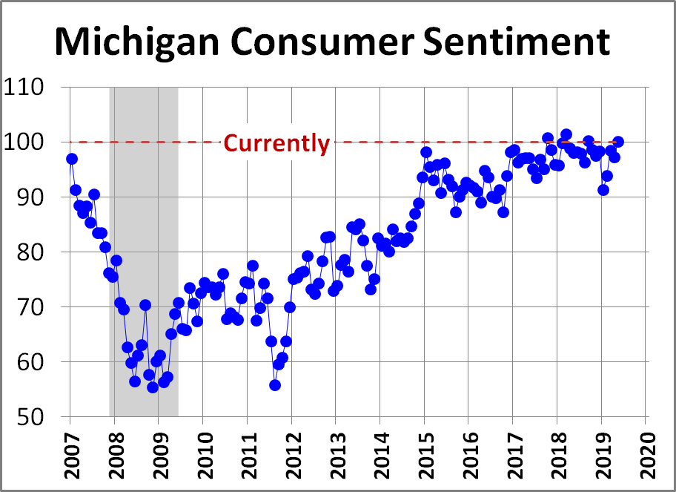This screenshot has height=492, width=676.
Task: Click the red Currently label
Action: coord(276,142)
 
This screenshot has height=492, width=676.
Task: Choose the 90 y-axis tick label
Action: coord(40,197)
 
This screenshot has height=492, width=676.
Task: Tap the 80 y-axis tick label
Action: coord(40,252)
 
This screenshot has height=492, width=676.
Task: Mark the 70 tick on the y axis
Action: coord(40,307)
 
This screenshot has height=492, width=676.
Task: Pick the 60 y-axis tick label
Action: coord(40,362)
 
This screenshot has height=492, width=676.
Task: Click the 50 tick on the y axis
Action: coord(40,417)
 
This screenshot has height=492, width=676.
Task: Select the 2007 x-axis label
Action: coord(70,453)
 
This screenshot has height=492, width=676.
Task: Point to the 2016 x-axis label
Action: coord(468,453)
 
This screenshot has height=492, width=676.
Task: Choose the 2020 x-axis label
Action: coord(646,453)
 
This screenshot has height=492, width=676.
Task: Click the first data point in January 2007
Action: coord(72,159)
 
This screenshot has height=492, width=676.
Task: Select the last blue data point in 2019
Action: coord(618,142)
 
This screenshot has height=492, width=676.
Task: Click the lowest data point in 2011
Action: coord(275,384)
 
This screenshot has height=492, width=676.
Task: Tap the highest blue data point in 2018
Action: coord(566,134)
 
